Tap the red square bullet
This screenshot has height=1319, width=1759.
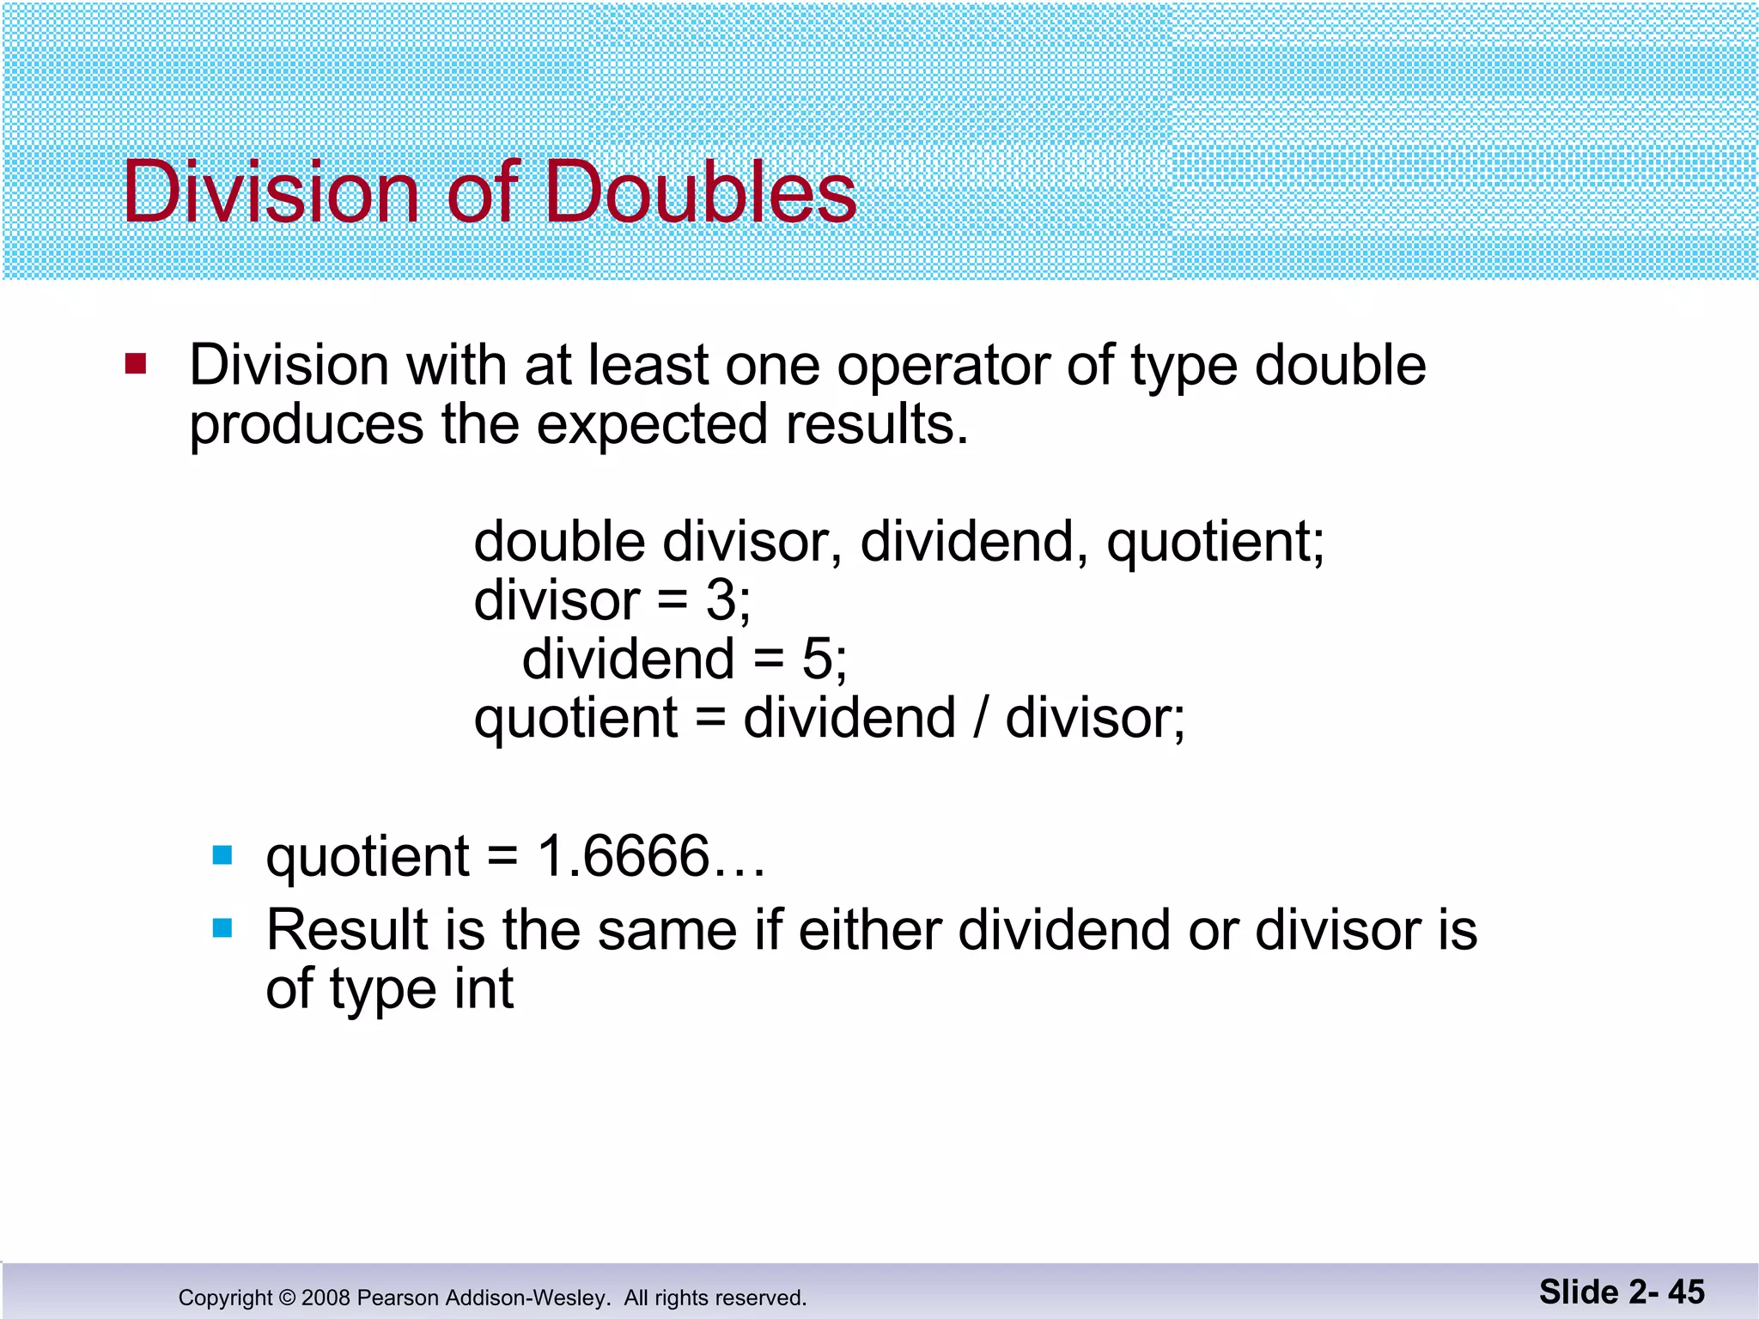click(136, 364)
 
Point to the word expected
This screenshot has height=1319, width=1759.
click(651, 426)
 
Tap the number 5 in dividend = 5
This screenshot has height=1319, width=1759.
click(817, 659)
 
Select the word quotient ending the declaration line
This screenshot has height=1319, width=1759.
click(1213, 544)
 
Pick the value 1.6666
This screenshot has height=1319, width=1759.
click(624, 856)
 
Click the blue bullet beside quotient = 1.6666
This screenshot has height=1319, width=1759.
click(222, 855)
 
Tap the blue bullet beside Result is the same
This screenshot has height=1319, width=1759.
click(222, 928)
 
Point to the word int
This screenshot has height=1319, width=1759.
click(484, 989)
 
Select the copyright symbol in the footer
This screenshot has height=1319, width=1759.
click(287, 1298)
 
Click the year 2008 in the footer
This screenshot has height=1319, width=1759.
click(326, 1298)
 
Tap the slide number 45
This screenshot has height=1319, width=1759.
click(1686, 1292)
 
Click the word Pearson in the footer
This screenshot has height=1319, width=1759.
click(399, 1298)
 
